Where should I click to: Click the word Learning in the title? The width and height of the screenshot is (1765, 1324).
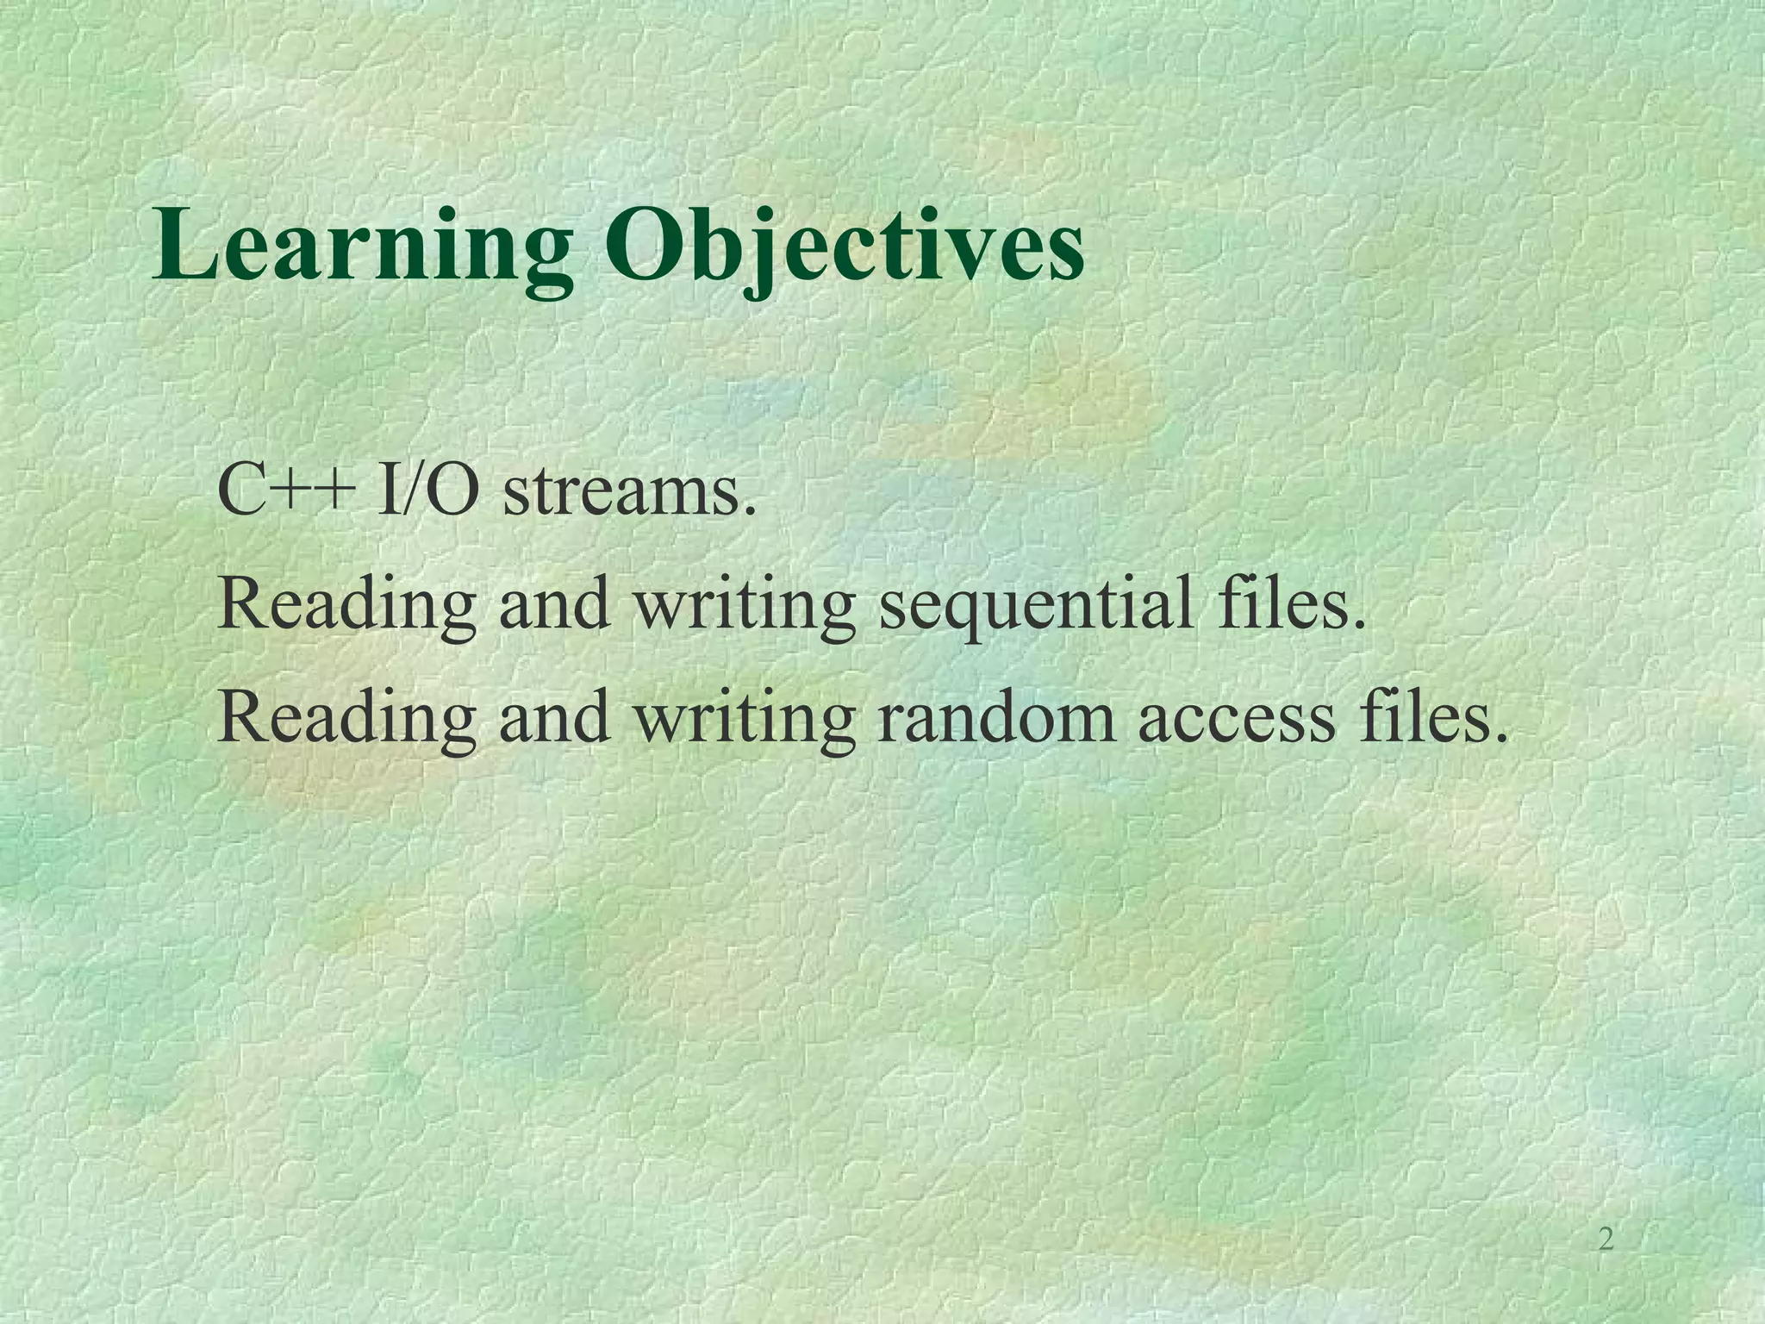[x=362, y=246]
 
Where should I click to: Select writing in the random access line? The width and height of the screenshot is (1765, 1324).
[x=745, y=720]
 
